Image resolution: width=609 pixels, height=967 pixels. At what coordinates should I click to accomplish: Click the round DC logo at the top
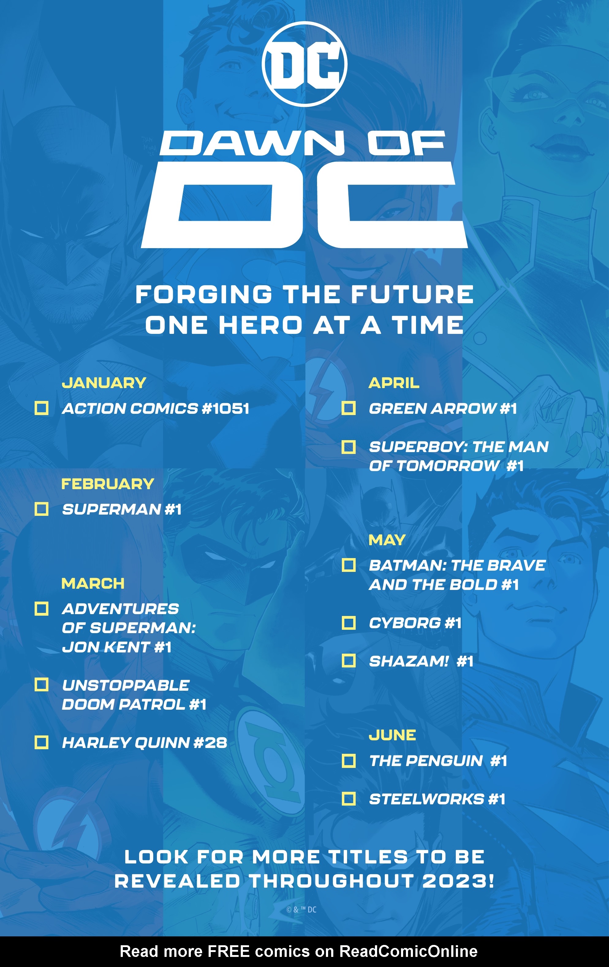[304, 64]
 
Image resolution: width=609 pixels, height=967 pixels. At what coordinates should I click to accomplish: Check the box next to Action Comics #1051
[41, 408]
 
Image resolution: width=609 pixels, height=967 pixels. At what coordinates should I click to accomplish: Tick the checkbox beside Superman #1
[41, 509]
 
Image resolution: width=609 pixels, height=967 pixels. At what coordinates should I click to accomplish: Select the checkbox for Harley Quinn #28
[41, 742]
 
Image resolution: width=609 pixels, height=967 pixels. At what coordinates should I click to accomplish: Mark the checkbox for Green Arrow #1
[348, 408]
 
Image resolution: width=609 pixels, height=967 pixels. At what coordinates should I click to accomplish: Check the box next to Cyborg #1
[348, 623]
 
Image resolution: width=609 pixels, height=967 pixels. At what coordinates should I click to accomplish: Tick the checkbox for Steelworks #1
[348, 799]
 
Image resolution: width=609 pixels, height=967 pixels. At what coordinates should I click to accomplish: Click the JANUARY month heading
[104, 383]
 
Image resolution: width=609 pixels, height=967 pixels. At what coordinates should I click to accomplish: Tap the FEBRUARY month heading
[107, 483]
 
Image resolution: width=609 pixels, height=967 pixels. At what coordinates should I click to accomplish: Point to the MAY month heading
[387, 540]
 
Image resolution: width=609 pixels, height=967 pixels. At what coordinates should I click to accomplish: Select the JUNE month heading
[392, 735]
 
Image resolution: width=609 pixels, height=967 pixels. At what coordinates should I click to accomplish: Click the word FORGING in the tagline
[204, 294]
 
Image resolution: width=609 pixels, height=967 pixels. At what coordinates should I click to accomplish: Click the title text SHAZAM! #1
[421, 661]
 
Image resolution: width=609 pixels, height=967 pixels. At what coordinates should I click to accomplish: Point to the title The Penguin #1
[438, 761]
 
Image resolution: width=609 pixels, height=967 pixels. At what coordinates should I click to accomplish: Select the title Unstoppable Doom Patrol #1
[134, 695]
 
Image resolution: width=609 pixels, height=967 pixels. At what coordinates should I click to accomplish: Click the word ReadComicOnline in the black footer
[408, 951]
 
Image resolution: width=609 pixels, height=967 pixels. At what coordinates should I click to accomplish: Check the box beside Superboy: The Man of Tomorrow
[348, 447]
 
